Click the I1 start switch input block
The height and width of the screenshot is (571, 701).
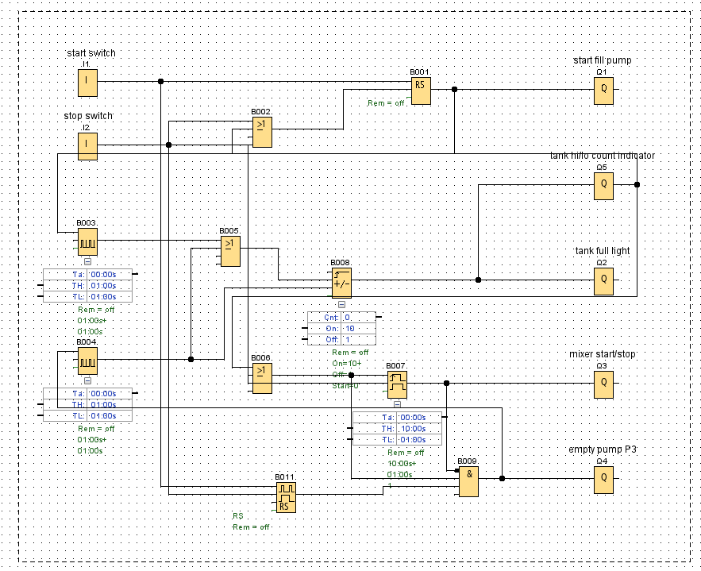click(x=87, y=81)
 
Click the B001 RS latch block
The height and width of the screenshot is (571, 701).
click(x=420, y=90)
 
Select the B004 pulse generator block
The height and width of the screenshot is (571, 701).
click(x=87, y=360)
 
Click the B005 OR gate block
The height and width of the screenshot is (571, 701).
click(x=229, y=251)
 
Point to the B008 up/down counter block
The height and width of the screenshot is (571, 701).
click(x=341, y=281)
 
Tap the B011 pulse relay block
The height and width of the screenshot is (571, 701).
click(x=285, y=496)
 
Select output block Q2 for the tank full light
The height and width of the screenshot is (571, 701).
click(x=603, y=280)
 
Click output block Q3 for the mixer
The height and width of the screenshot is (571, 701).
click(x=603, y=384)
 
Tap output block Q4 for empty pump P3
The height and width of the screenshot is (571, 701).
click(x=603, y=479)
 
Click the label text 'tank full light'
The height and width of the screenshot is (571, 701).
click(x=602, y=251)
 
